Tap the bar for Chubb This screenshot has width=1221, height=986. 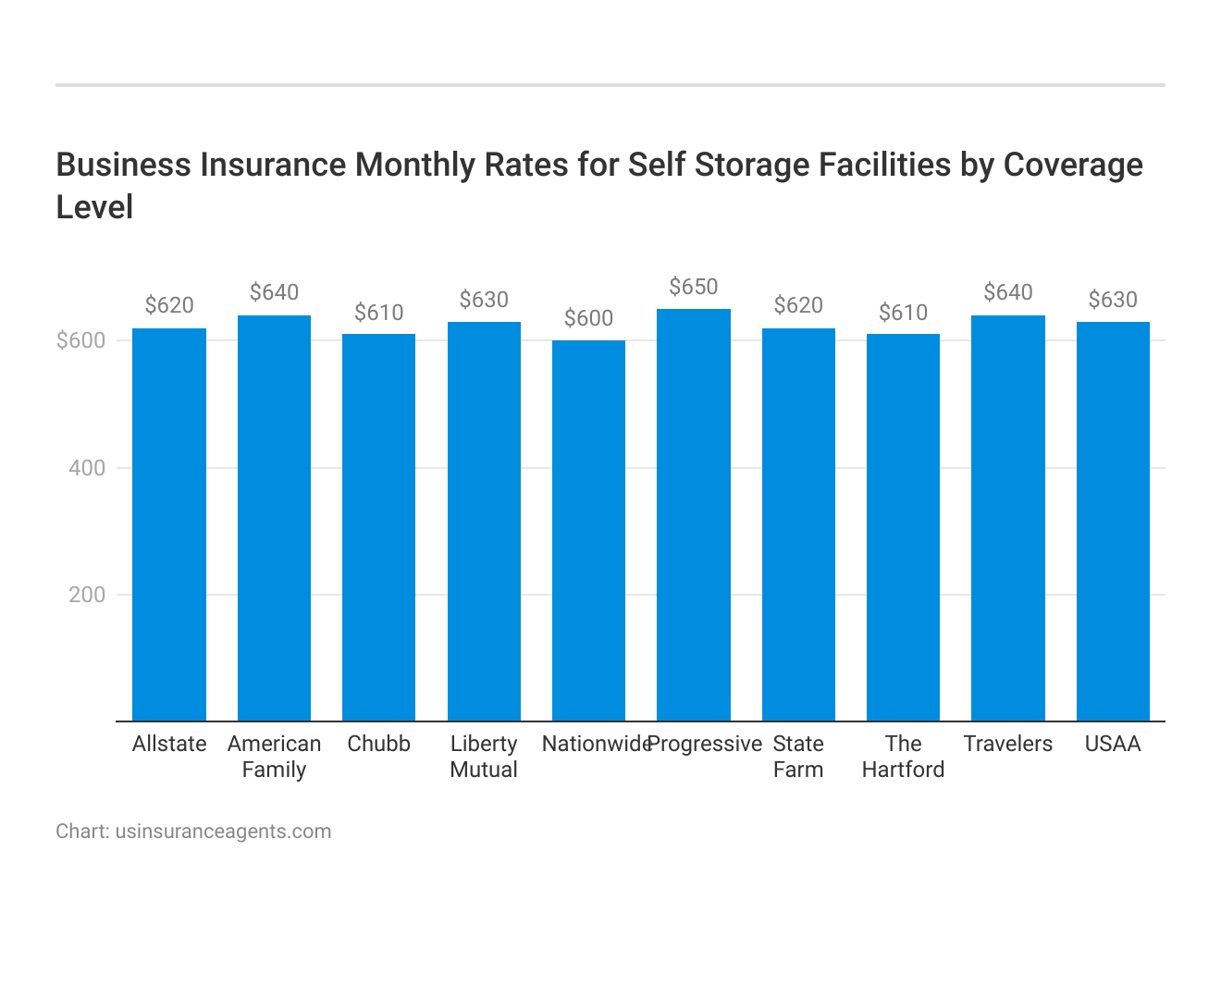378,527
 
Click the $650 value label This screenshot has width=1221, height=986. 693,287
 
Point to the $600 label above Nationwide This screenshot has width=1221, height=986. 588,318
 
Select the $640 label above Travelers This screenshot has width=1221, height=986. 1007,292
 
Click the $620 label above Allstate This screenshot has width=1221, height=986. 169,305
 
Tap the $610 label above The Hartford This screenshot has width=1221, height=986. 903,313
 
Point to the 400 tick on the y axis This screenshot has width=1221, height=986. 87,468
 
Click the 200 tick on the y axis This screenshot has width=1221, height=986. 87,595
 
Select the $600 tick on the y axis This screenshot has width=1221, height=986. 81,340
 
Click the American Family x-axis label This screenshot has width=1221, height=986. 274,757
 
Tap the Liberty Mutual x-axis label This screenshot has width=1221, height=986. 484,757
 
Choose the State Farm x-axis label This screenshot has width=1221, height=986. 798,757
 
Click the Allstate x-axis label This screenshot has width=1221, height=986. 169,744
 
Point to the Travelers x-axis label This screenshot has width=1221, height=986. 1007,744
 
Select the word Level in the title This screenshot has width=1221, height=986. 94,207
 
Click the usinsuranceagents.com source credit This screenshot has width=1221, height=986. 223,831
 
